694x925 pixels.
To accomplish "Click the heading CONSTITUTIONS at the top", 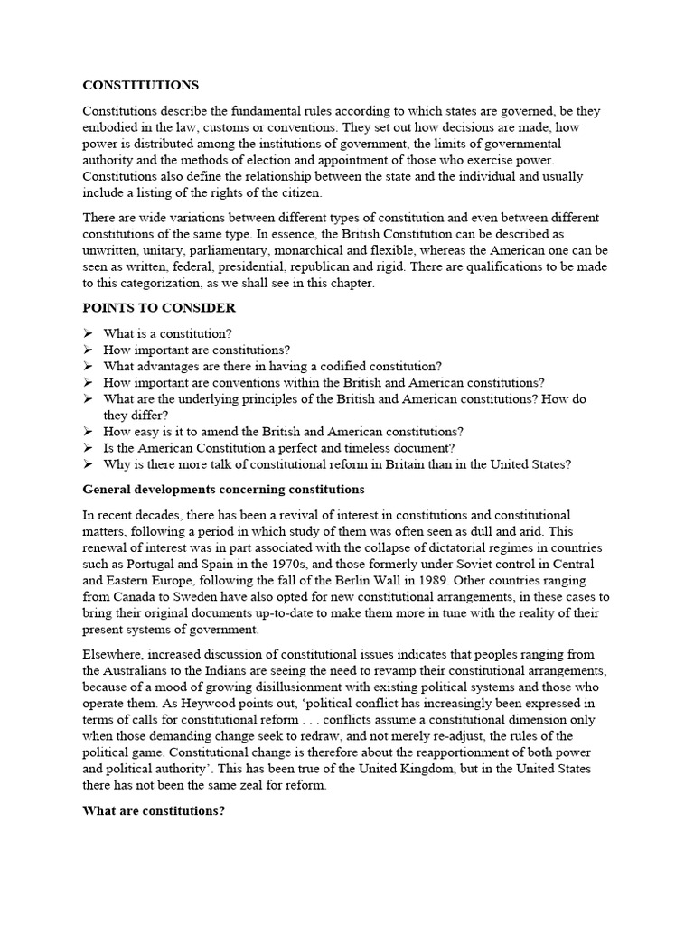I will [140, 86].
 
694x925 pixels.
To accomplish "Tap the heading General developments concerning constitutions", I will [223, 490].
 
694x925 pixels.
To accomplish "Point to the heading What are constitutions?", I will [154, 810].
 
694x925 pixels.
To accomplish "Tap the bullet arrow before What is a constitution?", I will [88, 333].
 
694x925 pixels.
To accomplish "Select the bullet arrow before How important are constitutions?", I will [88, 350].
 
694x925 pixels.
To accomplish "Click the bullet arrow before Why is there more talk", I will [88, 464].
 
